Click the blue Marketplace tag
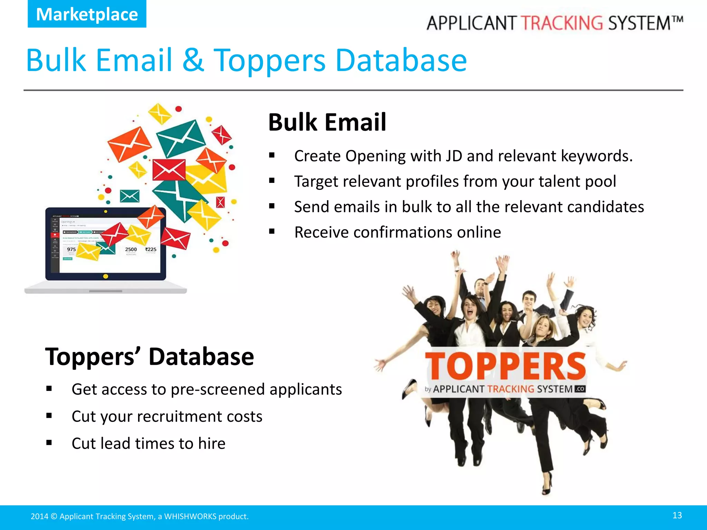tap(87, 14)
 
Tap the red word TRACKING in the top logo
tap(562, 23)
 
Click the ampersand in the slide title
tap(193, 60)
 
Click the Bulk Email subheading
tap(327, 122)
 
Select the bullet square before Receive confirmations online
tap(272, 232)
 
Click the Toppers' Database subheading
tap(149, 356)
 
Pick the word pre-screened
tap(217, 389)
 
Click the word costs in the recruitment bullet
tap(244, 416)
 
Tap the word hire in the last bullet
tap(212, 443)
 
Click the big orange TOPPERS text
tap(505, 366)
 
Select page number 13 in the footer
tap(677, 516)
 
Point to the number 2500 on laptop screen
tap(131, 249)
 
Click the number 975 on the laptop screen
tap(71, 249)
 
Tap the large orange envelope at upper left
tap(129, 144)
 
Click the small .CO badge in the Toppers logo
tap(580, 389)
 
